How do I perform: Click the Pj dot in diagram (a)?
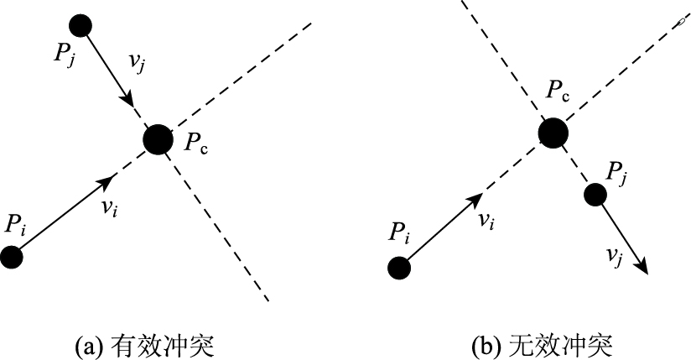coord(81,25)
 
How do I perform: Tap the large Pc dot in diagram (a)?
coord(157,139)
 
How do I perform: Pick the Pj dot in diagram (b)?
coord(595,195)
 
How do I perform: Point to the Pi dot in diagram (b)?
coord(399,268)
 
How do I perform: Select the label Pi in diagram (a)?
coord(16,225)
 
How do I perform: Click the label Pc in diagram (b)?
coord(558,91)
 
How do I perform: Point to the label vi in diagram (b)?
coord(485,221)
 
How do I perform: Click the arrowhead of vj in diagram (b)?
coord(644,267)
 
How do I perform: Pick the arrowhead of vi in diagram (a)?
coord(109,180)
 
